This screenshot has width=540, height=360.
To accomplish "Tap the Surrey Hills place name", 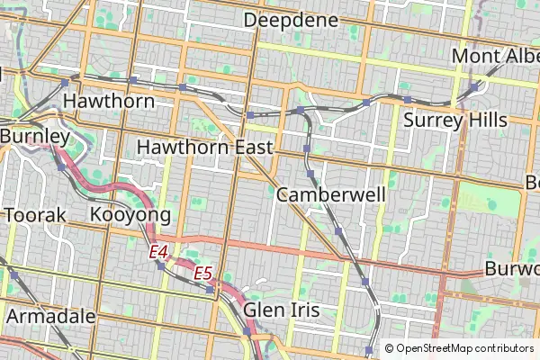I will click(455, 120).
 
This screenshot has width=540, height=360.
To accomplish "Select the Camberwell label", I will click(331, 194).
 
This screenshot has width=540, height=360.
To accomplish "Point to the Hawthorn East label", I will click(204, 147).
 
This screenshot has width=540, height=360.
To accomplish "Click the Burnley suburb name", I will click(35, 135).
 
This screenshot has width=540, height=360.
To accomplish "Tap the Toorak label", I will click(36, 215).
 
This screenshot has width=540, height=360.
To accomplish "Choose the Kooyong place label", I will click(130, 215).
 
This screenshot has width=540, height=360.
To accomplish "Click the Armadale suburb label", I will click(51, 316).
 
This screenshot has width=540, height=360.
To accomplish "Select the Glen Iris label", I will click(282, 310).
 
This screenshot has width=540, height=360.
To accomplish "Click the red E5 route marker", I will click(202, 272).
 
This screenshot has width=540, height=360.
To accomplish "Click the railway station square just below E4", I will click(161, 265).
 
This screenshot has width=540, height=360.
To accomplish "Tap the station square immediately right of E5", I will click(210, 290).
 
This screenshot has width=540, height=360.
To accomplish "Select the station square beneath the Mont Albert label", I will click(474, 87).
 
